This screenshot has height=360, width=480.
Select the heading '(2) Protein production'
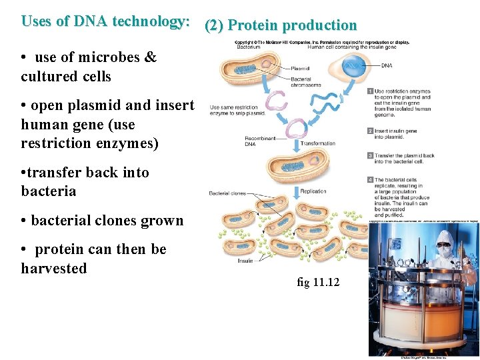pyautogui.click(x=281, y=25)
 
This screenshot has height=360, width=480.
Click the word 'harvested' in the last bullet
pyautogui.click(x=54, y=269)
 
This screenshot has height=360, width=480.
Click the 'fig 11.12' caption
pyautogui.click(x=318, y=283)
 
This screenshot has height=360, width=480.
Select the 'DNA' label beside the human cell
pyautogui.click(x=387, y=66)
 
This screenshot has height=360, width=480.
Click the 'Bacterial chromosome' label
pyautogui.click(x=305, y=82)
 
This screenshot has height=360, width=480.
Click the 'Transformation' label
pyautogui.click(x=318, y=143)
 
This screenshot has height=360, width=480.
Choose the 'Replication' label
pyautogui.click(x=313, y=191)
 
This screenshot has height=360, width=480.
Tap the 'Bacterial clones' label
pyautogui.click(x=227, y=193)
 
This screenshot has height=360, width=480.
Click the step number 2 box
pyautogui.click(x=370, y=131)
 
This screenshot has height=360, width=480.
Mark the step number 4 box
pyautogui.click(x=370, y=180)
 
